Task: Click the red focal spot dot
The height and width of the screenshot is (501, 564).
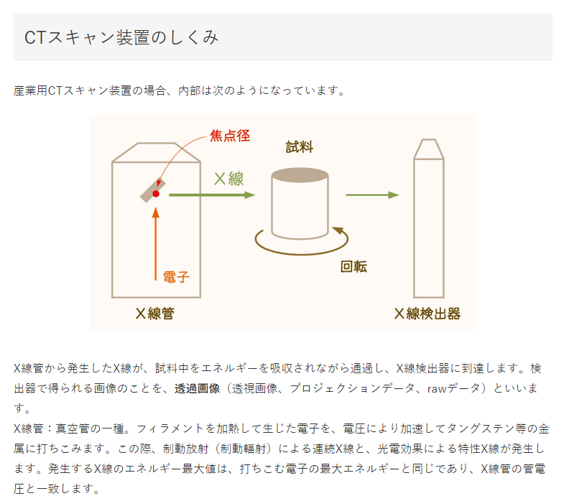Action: [x=156, y=194]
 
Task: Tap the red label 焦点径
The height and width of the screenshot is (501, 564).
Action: [x=229, y=136]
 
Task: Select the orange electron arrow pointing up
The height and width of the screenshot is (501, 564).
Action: [x=156, y=243]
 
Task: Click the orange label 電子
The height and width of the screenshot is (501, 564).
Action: [x=176, y=277]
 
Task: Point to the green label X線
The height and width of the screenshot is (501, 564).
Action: [x=229, y=179]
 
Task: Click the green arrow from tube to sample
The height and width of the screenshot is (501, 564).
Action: [x=212, y=195]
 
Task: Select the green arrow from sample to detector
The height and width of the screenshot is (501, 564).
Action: [x=372, y=195]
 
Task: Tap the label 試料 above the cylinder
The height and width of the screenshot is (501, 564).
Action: [x=300, y=147]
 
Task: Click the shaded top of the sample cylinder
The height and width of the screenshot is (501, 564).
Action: [x=300, y=175]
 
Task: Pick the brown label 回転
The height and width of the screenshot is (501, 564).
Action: [x=353, y=267]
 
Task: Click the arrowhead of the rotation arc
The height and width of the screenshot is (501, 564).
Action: [x=338, y=230]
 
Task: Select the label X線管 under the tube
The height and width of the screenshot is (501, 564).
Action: [x=155, y=314]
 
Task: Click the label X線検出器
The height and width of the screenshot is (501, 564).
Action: [x=427, y=314]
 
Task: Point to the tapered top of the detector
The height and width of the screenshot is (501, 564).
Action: [x=429, y=149]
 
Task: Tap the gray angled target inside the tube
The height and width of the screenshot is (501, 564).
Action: [x=153, y=190]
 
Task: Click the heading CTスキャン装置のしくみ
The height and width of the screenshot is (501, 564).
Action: [x=121, y=37]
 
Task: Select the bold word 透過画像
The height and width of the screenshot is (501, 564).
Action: [x=197, y=388]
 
